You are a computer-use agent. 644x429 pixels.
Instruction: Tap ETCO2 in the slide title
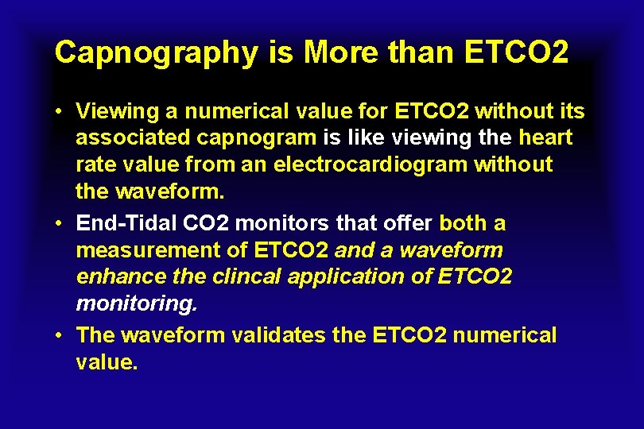pos(515,52)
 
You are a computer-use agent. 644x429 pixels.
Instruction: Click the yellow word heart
pos(545,138)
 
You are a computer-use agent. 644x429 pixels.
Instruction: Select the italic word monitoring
pos(137,303)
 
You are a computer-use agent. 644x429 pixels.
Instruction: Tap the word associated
pos(133,138)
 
